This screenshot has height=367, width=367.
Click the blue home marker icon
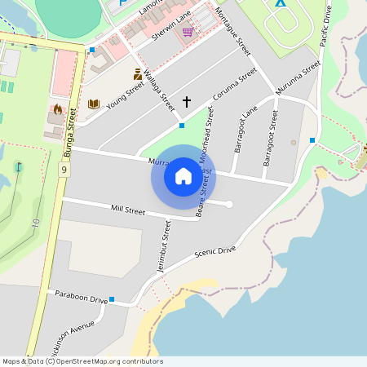tap(183, 176)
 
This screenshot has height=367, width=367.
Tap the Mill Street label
tap(127, 210)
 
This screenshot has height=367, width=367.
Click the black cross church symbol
tap(187, 102)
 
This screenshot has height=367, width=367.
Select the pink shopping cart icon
tap(188, 32)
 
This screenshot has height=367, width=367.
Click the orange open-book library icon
tap(94, 104)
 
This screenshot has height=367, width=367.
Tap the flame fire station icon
tap(57, 108)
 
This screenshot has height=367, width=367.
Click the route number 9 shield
tap(64, 170)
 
